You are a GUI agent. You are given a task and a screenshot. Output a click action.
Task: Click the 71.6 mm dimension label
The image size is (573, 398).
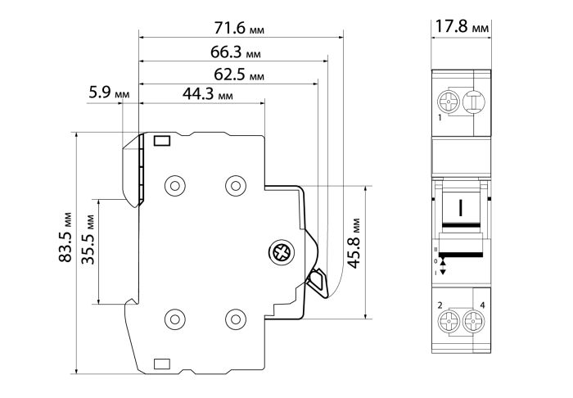(239, 28)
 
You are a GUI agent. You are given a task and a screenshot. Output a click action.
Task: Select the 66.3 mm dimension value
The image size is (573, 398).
(236, 52)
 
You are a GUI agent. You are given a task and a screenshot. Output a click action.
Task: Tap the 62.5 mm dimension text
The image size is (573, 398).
(239, 75)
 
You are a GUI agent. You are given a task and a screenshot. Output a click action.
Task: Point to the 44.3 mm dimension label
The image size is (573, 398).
(208, 94)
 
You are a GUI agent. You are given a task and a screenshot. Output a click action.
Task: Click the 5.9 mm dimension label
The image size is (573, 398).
(109, 93)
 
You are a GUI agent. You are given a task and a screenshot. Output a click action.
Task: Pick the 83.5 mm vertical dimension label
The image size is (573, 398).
(65, 237)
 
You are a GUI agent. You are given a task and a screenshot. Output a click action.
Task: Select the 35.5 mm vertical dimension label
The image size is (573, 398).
(88, 239)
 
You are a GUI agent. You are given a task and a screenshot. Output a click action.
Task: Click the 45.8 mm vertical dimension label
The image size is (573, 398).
(354, 243)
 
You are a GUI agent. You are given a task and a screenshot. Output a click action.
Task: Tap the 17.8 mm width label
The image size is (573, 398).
(462, 27)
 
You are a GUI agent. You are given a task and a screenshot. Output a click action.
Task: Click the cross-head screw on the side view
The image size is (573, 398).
(282, 252)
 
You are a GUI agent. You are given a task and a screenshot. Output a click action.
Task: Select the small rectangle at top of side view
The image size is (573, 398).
(162, 141)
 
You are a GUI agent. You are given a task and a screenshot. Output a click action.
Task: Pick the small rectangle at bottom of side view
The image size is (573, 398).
(162, 364)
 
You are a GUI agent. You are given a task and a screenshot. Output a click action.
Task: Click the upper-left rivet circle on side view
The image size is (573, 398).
(175, 186)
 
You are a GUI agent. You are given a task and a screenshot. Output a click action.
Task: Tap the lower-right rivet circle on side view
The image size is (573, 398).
(236, 319)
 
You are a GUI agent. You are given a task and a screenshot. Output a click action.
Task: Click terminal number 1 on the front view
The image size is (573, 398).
(440, 118)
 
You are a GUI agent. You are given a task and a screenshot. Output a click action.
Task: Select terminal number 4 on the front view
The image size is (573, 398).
(482, 305)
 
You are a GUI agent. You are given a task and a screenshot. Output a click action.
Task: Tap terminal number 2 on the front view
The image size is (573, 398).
(440, 305)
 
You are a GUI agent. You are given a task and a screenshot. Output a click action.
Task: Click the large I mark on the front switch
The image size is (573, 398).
(461, 207)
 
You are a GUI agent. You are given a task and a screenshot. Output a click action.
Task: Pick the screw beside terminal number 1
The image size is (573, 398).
(449, 102)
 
